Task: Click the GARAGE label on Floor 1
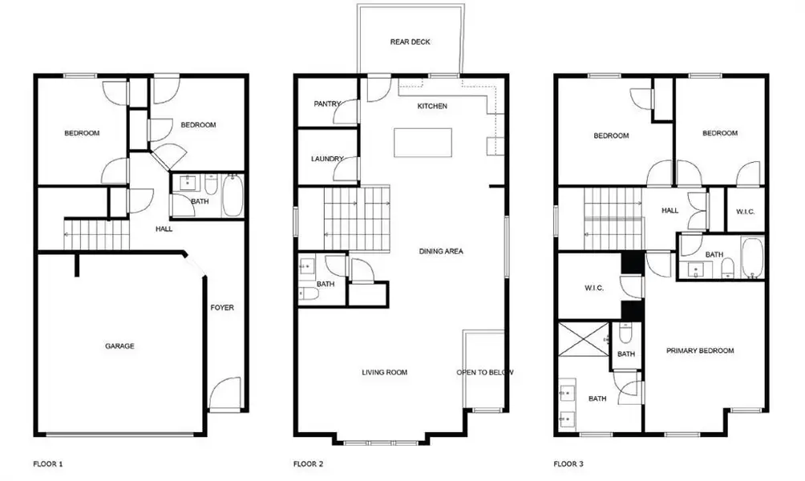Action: point(119,346)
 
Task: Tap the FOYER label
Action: point(222,308)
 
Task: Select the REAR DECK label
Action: point(411,42)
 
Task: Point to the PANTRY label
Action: point(327,103)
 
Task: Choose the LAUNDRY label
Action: point(327,159)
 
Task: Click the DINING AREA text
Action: point(441,251)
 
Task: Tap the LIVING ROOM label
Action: point(385,372)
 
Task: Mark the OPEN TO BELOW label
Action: point(485,372)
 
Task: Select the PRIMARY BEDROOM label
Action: point(700,350)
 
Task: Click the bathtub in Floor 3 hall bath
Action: point(752,258)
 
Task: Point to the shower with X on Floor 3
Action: point(584,340)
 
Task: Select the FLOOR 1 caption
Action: point(48,463)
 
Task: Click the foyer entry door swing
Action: point(225,394)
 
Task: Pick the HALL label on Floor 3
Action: point(669,211)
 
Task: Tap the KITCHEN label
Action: point(432,107)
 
